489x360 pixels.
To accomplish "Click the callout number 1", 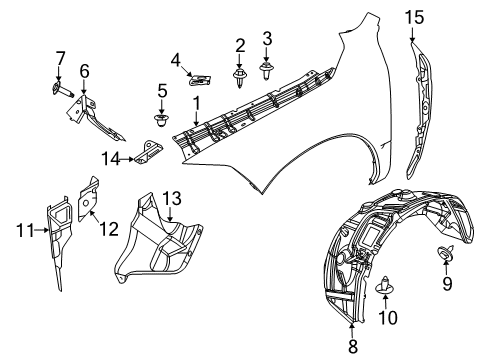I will click(x=197, y=102).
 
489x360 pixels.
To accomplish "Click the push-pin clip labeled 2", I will click(x=241, y=76).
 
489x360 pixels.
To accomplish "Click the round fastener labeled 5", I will click(x=159, y=120).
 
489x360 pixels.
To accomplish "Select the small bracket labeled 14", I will click(x=150, y=152).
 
